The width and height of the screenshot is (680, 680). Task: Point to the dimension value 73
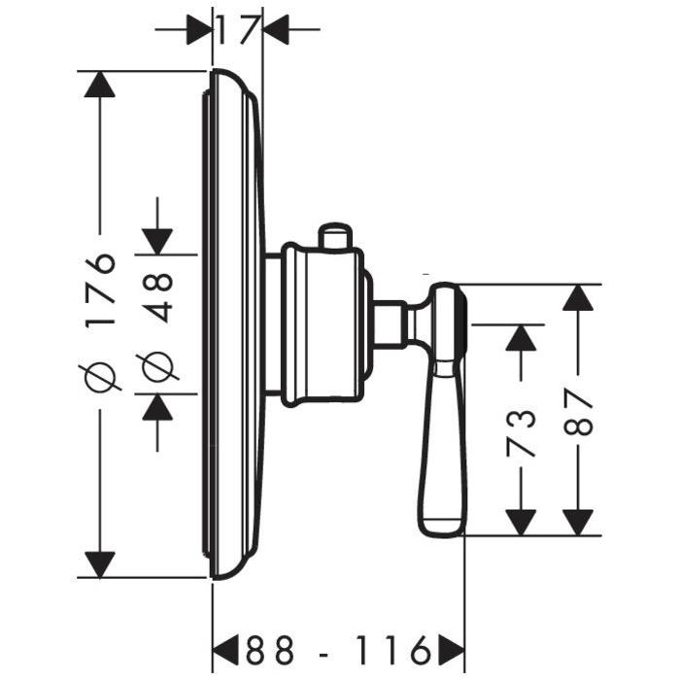point(522,431)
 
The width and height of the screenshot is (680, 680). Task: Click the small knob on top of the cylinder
point(334,235)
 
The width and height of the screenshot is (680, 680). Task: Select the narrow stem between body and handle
point(391,323)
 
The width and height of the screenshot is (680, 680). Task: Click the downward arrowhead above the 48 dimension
point(157,239)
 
